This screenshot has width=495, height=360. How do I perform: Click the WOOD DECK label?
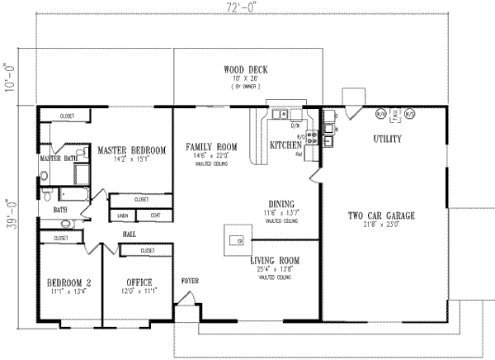pos(246,69)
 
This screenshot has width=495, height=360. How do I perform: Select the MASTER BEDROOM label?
pos(131,150)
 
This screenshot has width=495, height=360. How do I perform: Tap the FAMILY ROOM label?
pos(210,146)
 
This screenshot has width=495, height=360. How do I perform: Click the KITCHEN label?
pos(286,145)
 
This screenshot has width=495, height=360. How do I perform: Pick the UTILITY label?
pos(387,139)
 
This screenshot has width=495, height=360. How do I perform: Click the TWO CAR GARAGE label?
pos(380,216)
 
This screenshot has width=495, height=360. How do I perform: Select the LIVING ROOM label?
pos(275,261)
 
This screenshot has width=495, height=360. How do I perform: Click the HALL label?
pos(130,234)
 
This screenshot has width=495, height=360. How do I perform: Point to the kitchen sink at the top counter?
pos(281,115)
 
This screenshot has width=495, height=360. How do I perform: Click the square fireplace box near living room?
pos(233,239)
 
